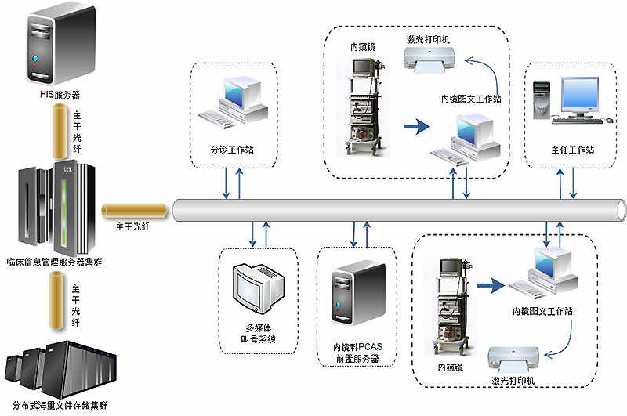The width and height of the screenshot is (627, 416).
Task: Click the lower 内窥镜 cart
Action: pyautogui.click(x=451, y=306)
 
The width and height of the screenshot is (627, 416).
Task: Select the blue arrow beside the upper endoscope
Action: pyautogui.click(x=417, y=125)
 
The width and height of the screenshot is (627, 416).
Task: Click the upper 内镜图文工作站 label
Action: pyautogui.click(x=471, y=99)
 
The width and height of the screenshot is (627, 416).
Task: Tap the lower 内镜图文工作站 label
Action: pyautogui.click(x=543, y=311)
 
